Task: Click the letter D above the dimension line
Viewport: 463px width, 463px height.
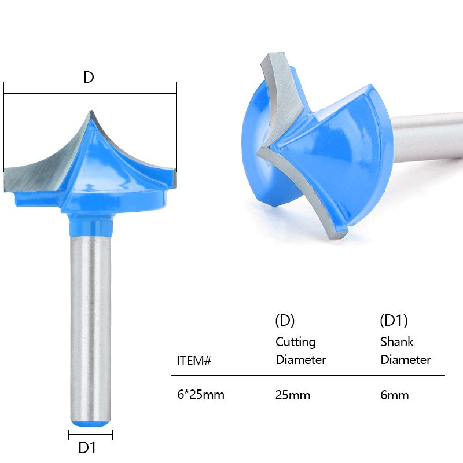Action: click(89, 77)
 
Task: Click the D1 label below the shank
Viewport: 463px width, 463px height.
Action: click(87, 447)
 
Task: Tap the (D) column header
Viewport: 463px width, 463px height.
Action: click(285, 321)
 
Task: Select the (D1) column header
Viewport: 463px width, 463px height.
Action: click(394, 321)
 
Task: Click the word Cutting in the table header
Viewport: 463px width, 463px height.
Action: click(296, 342)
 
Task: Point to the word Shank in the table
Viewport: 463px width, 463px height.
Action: click(397, 341)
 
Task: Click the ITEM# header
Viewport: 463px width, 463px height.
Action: click(194, 361)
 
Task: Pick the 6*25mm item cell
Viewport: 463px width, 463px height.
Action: click(201, 395)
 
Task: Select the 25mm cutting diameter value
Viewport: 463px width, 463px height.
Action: click(293, 395)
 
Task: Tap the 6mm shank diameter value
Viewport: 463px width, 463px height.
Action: click(395, 395)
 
